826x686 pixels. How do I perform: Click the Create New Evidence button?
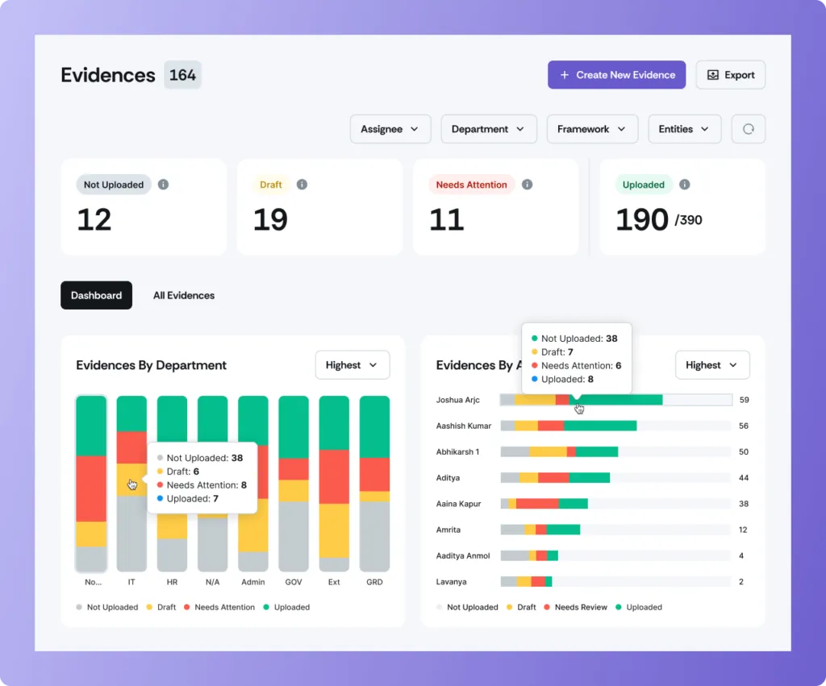pyautogui.click(x=616, y=75)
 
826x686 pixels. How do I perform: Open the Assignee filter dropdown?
pyautogui.click(x=390, y=129)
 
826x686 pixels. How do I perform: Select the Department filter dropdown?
pyautogui.click(x=488, y=129)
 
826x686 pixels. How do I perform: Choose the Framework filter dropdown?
pyautogui.click(x=592, y=129)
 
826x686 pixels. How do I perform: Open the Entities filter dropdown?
pyautogui.click(x=684, y=129)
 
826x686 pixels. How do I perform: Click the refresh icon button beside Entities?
pyautogui.click(x=748, y=129)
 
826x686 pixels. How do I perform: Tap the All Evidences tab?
pyautogui.click(x=184, y=296)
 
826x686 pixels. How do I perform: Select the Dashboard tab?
pyautogui.click(x=96, y=296)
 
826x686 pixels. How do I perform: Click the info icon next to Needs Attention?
pyautogui.click(x=527, y=185)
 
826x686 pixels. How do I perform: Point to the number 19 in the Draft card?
pyautogui.click(x=270, y=220)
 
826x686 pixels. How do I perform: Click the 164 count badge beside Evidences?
pyautogui.click(x=182, y=75)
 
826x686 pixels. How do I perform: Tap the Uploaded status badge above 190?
pyautogui.click(x=643, y=185)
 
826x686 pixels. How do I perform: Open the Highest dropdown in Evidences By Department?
pyautogui.click(x=352, y=365)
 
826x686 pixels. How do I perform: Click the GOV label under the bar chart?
pyautogui.click(x=294, y=582)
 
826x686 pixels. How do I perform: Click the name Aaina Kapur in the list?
pyautogui.click(x=458, y=504)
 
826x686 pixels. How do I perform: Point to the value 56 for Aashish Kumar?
pyautogui.click(x=743, y=426)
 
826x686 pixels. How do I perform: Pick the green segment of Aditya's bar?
pyautogui.click(x=589, y=478)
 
